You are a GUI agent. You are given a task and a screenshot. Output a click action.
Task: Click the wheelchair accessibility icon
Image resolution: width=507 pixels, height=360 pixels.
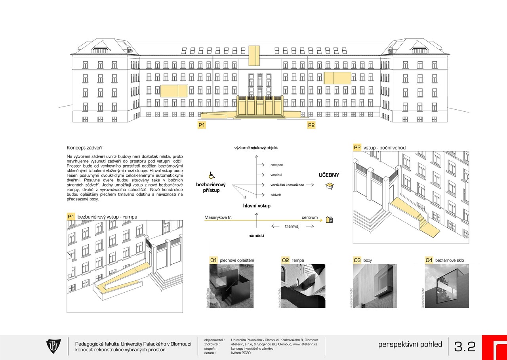point(212,175)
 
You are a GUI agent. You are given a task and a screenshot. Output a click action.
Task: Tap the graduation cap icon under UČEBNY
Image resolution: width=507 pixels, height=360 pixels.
point(329,185)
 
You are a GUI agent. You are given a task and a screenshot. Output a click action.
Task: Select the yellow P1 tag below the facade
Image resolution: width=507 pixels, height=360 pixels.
point(202,125)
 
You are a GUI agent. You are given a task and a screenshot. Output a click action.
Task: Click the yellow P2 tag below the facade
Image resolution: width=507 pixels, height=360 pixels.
point(311,125)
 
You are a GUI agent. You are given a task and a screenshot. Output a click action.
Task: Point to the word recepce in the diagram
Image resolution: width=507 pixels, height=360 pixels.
point(276,165)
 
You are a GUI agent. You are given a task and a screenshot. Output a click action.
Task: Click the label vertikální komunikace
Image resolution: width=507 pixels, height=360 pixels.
point(287,185)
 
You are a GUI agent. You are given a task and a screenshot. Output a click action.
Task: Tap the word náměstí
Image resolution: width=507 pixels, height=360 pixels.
point(256,236)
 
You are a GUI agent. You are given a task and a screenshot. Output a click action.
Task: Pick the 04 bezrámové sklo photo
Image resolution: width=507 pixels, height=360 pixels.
point(446,286)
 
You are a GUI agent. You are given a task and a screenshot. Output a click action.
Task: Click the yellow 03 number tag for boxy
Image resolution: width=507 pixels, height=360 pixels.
point(357,260)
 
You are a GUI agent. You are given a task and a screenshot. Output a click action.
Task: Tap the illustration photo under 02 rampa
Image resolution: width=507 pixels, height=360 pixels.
point(303,286)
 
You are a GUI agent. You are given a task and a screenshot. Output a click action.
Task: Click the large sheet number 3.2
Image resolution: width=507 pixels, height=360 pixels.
point(465,347)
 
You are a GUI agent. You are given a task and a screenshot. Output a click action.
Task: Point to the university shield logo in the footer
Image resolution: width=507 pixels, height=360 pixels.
point(53,346)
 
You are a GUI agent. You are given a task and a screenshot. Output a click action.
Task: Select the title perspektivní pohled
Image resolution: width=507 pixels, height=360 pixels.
point(410,345)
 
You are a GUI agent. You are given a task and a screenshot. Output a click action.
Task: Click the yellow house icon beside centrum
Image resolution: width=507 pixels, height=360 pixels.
point(329,219)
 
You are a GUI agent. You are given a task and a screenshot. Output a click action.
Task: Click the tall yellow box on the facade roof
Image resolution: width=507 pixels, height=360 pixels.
point(254,55)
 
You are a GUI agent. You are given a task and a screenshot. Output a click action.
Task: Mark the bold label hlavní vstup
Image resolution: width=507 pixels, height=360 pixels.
point(257,206)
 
